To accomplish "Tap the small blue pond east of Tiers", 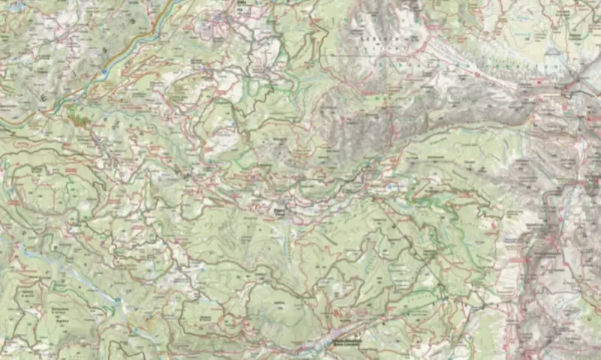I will click(x=393, y=185).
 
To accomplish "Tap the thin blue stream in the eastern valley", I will click(x=560, y=203).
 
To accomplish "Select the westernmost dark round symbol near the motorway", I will click(x=43, y=98).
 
